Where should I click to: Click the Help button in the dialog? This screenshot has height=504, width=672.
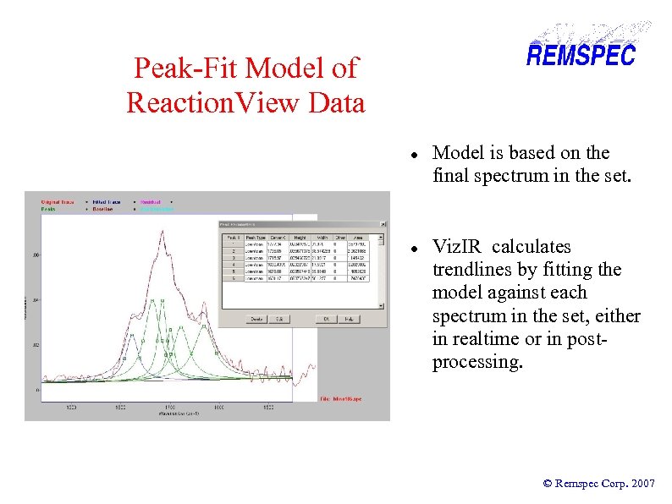tap(350, 319)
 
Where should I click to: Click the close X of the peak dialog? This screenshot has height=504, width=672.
tap(383, 224)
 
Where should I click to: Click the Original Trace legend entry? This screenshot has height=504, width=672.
tap(58, 201)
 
